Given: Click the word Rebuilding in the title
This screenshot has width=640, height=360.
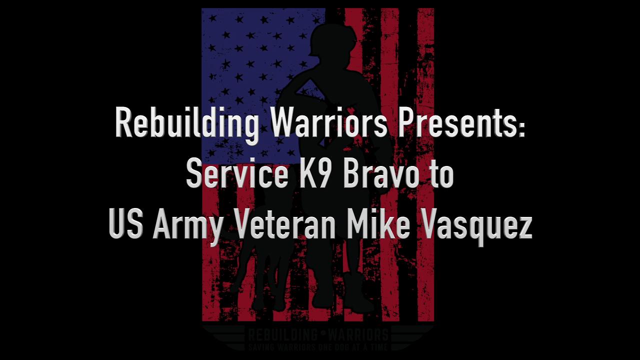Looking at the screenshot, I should pos(186,123).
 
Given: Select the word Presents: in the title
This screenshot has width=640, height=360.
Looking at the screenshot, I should pos(460,123).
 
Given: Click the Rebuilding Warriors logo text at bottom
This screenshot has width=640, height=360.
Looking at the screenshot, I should pos(318,333).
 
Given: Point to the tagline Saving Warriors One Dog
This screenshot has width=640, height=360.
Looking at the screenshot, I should pos(318,345).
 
